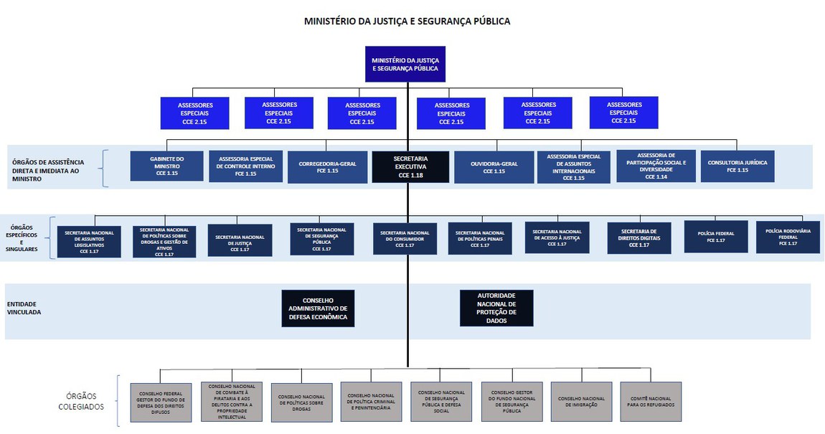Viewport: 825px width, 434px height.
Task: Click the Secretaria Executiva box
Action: (411, 166)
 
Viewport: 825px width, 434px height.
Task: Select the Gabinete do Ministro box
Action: (167, 166)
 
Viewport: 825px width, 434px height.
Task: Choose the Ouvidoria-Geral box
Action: (495, 166)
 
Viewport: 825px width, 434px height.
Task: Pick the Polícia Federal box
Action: (715, 237)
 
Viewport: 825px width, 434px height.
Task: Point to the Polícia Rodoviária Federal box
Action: (788, 237)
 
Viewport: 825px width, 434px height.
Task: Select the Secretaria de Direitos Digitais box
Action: (638, 237)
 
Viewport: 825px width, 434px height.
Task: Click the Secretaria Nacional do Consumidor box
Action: (405, 239)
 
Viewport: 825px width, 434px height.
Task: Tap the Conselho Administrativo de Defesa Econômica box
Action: (318, 308)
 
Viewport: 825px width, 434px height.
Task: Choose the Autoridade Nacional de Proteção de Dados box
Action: (496, 308)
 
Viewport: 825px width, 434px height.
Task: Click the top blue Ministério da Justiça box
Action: (405, 64)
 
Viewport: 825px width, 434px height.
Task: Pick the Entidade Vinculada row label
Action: (24, 308)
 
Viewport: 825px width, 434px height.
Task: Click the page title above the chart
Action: (407, 22)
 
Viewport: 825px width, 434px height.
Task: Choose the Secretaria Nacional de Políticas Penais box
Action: (480, 239)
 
